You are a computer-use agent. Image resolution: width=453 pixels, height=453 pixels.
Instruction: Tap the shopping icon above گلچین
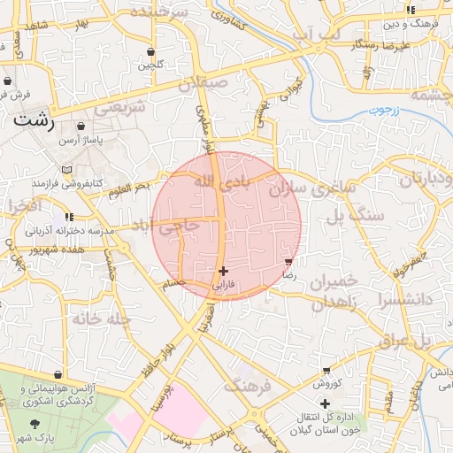point(150,51)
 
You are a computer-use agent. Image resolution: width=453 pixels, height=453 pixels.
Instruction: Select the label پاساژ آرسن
point(82,141)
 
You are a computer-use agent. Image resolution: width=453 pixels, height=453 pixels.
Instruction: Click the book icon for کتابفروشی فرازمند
point(67,170)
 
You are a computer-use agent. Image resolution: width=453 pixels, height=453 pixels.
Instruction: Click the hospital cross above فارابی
point(223,271)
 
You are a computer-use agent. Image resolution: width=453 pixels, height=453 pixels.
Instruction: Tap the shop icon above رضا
point(288,262)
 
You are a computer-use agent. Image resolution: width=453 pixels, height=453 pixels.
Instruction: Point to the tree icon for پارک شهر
point(35,425)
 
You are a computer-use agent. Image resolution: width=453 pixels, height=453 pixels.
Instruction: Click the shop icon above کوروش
point(326,371)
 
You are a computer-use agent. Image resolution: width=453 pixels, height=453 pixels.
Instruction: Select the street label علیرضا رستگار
point(380,43)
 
